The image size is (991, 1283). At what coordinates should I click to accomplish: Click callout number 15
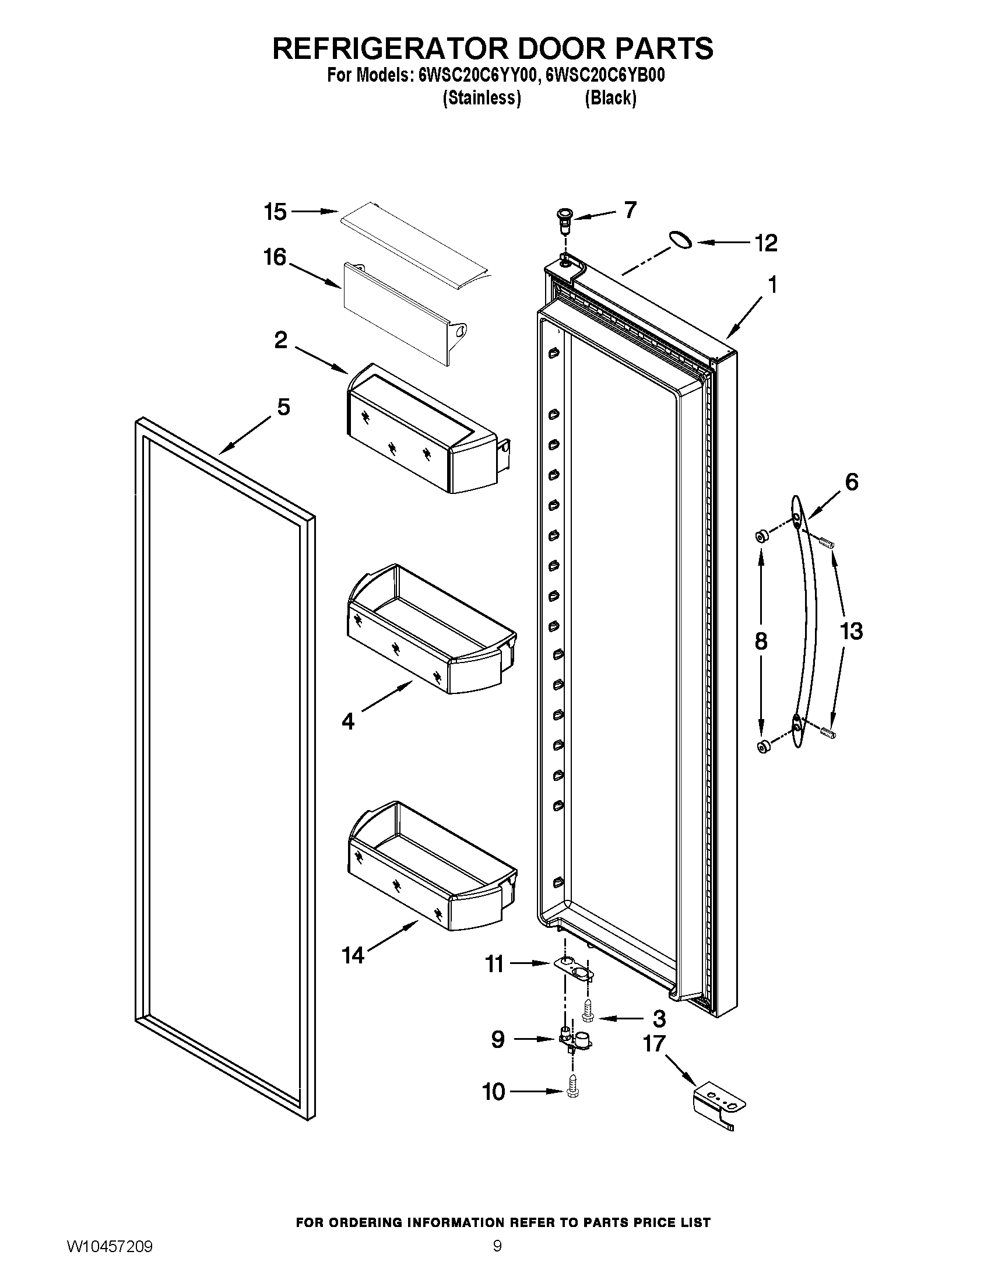click(275, 212)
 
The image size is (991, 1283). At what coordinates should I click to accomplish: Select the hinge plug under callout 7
click(565, 218)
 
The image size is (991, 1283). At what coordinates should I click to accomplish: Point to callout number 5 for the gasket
click(283, 406)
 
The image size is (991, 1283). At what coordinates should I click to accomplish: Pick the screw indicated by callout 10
click(571, 1092)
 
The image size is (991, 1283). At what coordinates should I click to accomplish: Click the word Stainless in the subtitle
click(482, 98)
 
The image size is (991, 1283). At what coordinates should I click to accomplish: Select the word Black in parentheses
click(610, 98)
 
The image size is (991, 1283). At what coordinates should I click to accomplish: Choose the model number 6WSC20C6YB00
click(605, 76)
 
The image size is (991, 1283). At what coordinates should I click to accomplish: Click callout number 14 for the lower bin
click(353, 956)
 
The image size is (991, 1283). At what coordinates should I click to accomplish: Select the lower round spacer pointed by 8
click(763, 747)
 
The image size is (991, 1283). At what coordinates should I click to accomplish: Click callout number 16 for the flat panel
click(275, 257)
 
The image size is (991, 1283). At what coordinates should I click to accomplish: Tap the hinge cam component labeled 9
click(574, 1040)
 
